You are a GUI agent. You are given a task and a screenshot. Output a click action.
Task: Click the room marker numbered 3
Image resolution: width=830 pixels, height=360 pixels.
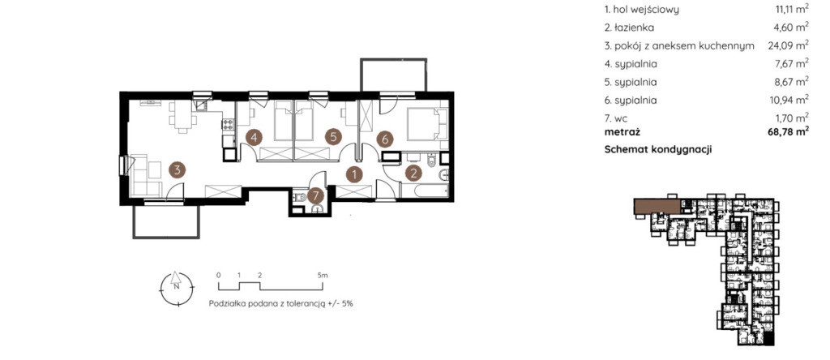178,170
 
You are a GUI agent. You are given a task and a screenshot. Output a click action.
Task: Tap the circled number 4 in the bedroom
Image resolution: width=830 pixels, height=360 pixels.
254,138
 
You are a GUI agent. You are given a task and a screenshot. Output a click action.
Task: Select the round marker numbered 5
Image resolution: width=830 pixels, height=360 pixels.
332,138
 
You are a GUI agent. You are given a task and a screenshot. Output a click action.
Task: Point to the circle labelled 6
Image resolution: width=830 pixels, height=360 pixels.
385,139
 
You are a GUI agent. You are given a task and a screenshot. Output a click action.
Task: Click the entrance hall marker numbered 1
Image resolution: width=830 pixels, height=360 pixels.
354,173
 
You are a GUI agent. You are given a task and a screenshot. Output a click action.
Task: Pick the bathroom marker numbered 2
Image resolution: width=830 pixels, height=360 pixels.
414,173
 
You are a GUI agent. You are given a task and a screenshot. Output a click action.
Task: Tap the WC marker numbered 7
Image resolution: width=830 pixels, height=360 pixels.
315,196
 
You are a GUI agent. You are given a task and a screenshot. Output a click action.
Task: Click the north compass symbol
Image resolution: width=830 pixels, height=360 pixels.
176,288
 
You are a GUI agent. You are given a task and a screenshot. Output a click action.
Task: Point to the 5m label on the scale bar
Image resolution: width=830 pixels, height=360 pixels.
323,276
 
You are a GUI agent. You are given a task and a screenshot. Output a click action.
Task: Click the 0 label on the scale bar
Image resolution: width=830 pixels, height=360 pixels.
219,276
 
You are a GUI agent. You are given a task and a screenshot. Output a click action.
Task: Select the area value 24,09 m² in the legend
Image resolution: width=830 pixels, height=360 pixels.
788,45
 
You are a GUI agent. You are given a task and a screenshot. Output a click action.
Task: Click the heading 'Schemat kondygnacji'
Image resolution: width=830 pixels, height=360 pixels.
658,150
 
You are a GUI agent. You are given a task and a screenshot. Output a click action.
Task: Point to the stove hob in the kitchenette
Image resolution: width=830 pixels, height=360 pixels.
228,124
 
